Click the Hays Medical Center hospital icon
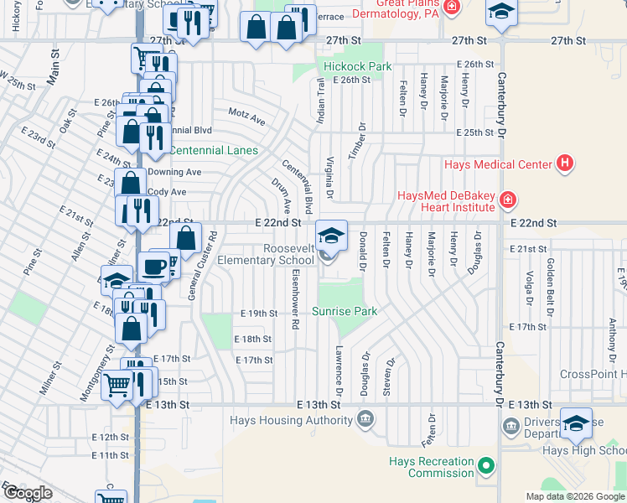[565, 163]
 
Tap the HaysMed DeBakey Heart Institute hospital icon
[507, 200]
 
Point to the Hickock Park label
[358, 66]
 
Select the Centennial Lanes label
[213, 151]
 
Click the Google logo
[28, 492]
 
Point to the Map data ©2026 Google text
[574, 496]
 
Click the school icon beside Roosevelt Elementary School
[331, 235]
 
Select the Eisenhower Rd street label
[296, 298]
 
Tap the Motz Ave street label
[246, 116]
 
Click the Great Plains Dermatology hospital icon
[453, 7]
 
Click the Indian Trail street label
[319, 100]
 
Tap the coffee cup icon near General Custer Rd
[153, 267]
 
